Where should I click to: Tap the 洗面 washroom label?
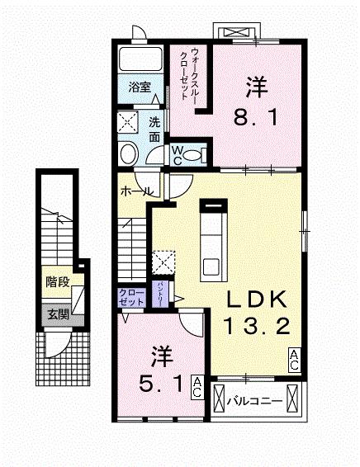coord(154,129)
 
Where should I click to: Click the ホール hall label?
coord(135,191)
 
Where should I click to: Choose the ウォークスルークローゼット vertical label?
coord(192,74)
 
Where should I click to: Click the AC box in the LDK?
coord(294,358)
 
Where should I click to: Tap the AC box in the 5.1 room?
coord(198,387)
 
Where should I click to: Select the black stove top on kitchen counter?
coord(213,205)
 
